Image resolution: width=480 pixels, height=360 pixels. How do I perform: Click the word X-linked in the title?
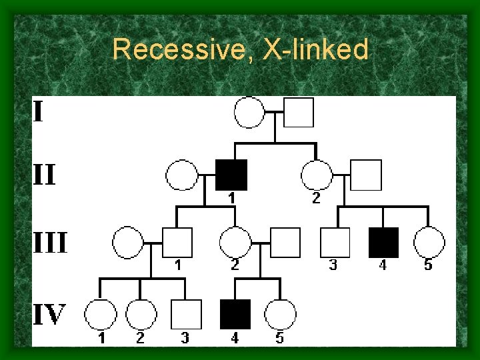pos(316,50)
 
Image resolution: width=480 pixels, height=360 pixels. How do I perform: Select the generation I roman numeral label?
pos(39,111)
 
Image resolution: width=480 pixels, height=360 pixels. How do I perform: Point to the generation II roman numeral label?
pos(45,176)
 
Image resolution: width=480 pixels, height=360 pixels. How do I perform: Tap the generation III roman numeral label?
pos(51,243)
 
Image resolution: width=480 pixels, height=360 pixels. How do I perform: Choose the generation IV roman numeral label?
pos(50,314)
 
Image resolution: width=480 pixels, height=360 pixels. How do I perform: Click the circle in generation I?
pos(250,112)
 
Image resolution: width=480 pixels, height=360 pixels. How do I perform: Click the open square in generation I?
pos(299,112)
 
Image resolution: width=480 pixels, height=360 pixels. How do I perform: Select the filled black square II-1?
pos(232,175)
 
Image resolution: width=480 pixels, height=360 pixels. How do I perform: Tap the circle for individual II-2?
pos(317,175)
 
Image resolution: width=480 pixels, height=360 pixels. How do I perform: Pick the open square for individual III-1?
pos(177,243)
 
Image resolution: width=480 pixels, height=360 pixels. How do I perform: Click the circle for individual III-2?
pos(235,243)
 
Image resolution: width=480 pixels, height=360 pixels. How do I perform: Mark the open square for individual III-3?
pos(335,243)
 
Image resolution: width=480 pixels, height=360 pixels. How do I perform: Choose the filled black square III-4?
pos(383,243)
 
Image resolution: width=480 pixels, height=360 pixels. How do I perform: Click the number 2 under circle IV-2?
pos(140,338)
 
